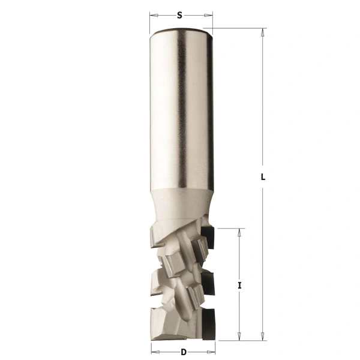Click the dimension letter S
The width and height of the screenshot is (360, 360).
click(x=179, y=16)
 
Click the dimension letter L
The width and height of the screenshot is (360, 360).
click(x=263, y=177)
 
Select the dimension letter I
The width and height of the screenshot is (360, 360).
click(x=239, y=286)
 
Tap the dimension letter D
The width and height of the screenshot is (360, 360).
click(x=183, y=352)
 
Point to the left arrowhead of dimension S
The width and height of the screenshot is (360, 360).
click(x=154, y=16)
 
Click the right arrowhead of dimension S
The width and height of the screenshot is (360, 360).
click(x=208, y=16)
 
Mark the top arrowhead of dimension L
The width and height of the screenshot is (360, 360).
click(x=262, y=32)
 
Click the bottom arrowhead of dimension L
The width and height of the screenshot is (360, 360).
click(x=262, y=336)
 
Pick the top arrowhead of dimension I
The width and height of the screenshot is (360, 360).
click(x=239, y=233)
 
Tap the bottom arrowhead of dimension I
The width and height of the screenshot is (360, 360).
click(x=239, y=336)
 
